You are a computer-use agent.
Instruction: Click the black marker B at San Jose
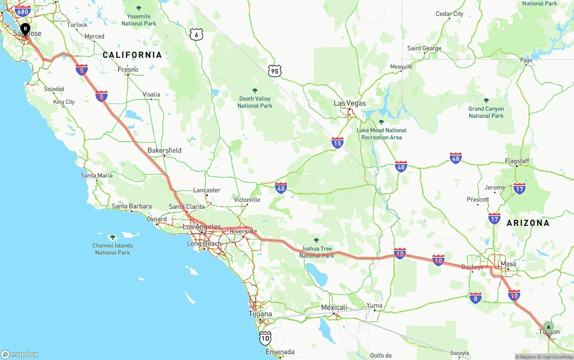click(x=25, y=29)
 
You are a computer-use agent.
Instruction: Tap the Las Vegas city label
click(x=349, y=103)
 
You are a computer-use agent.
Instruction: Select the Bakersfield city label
click(x=165, y=150)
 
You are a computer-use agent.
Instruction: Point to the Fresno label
click(x=128, y=69)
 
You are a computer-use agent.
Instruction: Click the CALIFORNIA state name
click(x=132, y=55)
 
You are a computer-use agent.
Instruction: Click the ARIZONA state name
click(x=528, y=223)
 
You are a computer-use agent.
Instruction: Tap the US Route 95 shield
click(x=274, y=70)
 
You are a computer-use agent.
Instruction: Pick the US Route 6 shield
click(x=196, y=34)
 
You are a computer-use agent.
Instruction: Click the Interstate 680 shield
click(x=22, y=11)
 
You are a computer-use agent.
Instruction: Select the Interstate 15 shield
click(x=338, y=143)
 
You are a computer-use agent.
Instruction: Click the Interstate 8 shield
click(x=476, y=298)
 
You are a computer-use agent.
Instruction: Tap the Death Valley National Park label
click(x=255, y=102)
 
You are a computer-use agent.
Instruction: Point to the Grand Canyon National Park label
click(x=486, y=112)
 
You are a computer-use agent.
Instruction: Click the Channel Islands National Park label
click(x=113, y=249)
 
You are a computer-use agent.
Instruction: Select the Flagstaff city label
click(x=517, y=161)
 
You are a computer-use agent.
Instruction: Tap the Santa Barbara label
click(x=131, y=206)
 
